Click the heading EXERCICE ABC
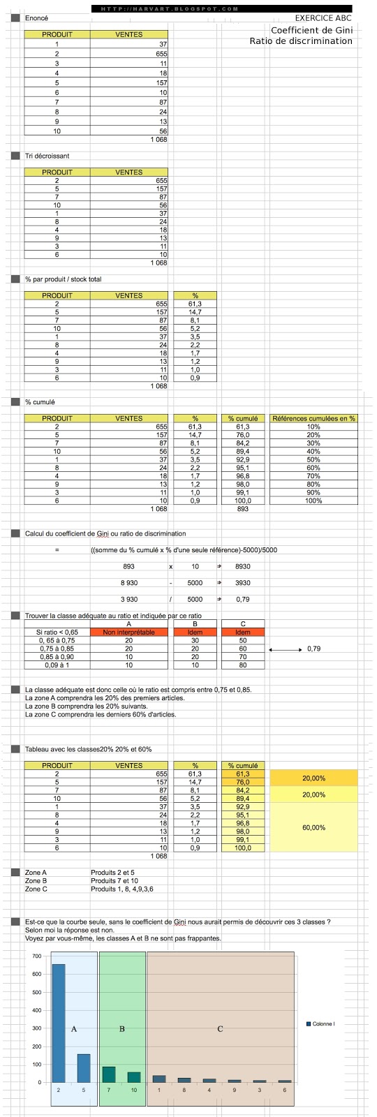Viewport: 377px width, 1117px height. coord(324,18)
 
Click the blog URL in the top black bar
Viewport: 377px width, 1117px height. coord(165,9)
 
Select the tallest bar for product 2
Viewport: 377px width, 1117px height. coord(59,1023)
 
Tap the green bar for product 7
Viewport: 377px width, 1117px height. coord(109,1074)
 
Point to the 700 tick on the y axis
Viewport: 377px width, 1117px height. coord(36,956)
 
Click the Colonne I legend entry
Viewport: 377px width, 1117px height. coord(323,1024)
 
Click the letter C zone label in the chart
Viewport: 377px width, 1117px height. coord(220,1029)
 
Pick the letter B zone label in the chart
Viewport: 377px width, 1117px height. coord(121,1029)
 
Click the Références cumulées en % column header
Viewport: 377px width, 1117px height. coord(313,418)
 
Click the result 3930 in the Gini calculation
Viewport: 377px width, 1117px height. coord(242,582)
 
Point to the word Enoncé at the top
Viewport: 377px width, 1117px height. coord(36,18)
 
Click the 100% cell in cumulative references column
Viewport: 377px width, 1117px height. coord(313,501)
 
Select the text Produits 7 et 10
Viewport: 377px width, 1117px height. coord(114,881)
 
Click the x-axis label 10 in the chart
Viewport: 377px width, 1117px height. coord(134,1090)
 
